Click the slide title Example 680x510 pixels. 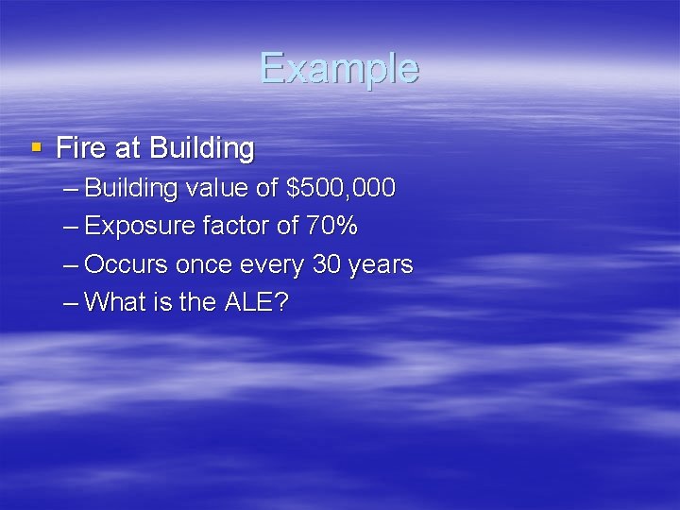click(x=339, y=69)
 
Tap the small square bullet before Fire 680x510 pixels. click(x=36, y=147)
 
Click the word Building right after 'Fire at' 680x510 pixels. click(x=202, y=149)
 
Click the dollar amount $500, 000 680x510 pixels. click(x=340, y=188)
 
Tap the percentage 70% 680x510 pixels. click(x=331, y=227)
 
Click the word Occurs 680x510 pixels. click(x=127, y=264)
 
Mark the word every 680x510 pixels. click(x=274, y=265)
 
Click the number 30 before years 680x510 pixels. click(x=327, y=264)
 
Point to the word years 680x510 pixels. click(x=381, y=265)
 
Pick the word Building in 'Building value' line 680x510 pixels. click(x=131, y=188)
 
